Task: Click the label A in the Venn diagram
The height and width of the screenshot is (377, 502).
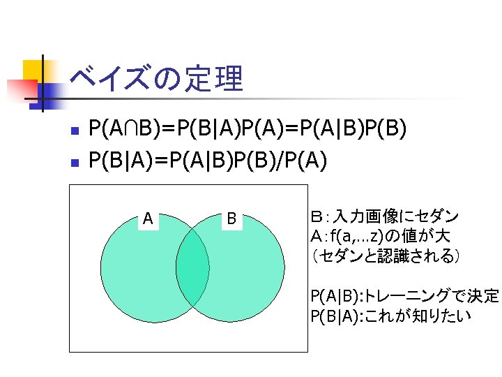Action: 148,219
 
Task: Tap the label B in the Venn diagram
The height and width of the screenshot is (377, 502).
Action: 231,219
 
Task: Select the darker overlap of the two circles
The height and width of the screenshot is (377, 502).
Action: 192,267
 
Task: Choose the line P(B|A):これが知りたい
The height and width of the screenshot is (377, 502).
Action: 391,316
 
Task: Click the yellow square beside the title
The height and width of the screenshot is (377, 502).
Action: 33,69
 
